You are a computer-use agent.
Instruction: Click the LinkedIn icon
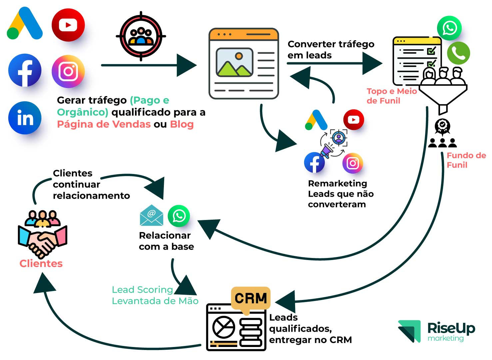pyautogui.click(x=25, y=118)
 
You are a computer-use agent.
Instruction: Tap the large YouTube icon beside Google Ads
pyautogui.click(x=68, y=25)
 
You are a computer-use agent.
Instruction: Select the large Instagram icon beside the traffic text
pyautogui.click(x=68, y=71)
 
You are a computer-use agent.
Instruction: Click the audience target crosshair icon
pyautogui.click(x=141, y=36)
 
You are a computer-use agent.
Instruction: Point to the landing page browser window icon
pyautogui.click(x=244, y=63)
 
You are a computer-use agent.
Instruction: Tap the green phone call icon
pyautogui.click(x=458, y=53)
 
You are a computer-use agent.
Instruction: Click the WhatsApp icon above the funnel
pyautogui.click(x=449, y=28)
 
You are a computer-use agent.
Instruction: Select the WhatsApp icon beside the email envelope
pyautogui.click(x=179, y=216)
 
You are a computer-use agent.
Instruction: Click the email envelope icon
pyautogui.click(x=152, y=215)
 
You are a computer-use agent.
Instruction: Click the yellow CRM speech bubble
pyautogui.click(x=250, y=299)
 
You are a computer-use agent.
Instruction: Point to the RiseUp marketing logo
pyautogui.click(x=436, y=331)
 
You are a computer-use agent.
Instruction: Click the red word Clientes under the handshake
pyautogui.click(x=41, y=264)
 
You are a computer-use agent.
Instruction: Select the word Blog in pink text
pyautogui.click(x=182, y=124)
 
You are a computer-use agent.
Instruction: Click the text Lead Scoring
pyautogui.click(x=142, y=290)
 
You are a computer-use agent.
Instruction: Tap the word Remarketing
pyautogui.click(x=337, y=183)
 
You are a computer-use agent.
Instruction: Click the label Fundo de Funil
pyautogui.click(x=466, y=160)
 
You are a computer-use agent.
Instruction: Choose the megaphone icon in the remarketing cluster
pyautogui.click(x=327, y=150)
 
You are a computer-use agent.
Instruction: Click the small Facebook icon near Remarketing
pyautogui.click(x=314, y=163)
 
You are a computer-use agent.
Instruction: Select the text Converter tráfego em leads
pyautogui.click(x=331, y=49)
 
